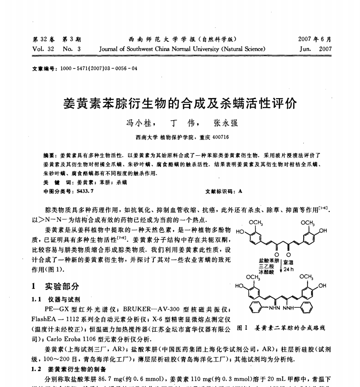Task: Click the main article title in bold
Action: click(x=180, y=103)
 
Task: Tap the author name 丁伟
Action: click(x=180, y=123)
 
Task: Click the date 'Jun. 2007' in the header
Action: click(x=315, y=49)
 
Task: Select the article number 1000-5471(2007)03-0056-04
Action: click(x=99, y=68)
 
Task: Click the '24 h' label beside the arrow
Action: click(x=288, y=269)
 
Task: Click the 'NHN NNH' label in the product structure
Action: click(x=281, y=307)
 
